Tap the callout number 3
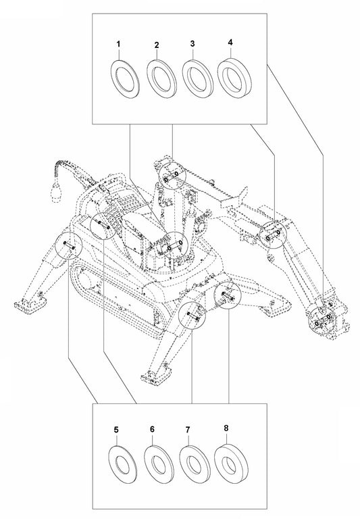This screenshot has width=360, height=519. pos(192,44)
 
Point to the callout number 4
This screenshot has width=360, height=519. pos(230,42)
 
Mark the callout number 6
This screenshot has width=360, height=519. pos(153,430)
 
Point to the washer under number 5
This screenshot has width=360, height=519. pos(123,464)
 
